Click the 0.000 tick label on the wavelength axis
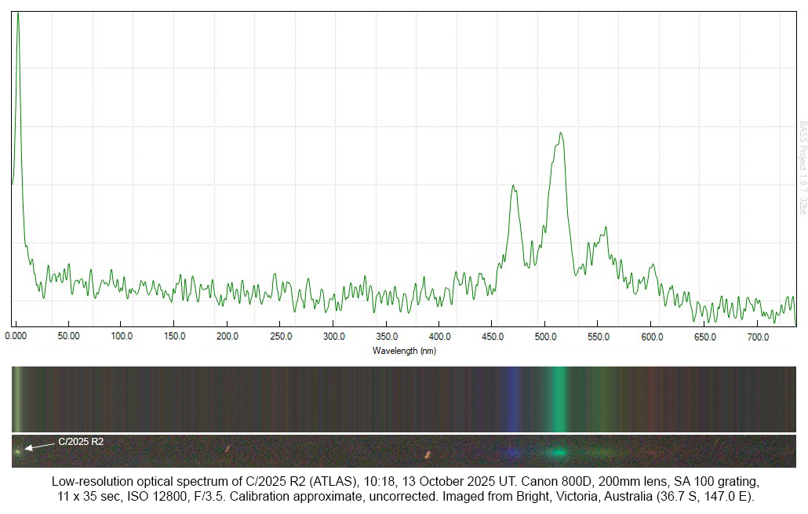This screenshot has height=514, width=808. pos(16,337)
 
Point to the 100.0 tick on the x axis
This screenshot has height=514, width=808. pos(122,337)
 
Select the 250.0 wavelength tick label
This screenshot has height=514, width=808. pos(281,337)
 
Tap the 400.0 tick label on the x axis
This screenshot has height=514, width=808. pos(439,337)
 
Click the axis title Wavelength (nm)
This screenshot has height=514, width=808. pos(404,350)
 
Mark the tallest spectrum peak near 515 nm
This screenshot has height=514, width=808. pos(561,133)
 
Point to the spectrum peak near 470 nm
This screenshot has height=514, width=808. pos(513,186)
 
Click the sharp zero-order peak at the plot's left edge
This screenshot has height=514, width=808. pos(17,14)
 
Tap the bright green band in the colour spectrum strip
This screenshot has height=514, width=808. pos(559,399)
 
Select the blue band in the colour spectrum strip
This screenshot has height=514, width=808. pos(512,399)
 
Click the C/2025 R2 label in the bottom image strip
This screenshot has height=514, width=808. pos(81,442)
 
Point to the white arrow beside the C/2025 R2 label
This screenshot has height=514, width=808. pos(39,446)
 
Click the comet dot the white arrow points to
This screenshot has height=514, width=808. pos(17,451)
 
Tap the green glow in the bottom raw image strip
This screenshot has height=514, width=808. pos(558,452)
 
